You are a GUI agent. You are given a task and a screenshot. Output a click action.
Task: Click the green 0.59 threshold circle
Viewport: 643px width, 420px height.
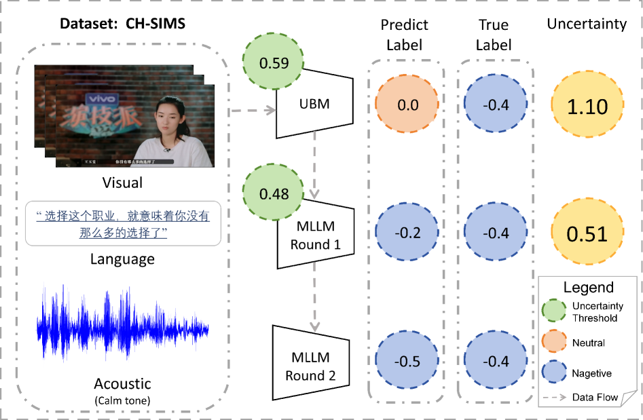point(274,64)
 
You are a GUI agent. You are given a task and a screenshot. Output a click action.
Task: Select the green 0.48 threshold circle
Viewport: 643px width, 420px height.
point(274,193)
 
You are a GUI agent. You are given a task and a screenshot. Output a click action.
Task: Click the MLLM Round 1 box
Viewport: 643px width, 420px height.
point(315,234)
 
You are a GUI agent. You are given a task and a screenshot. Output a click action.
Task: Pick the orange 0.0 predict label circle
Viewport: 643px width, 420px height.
point(408,105)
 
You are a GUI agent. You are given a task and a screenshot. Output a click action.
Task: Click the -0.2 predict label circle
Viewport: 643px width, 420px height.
point(407,233)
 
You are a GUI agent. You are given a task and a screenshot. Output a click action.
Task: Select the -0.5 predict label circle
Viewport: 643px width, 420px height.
point(407,361)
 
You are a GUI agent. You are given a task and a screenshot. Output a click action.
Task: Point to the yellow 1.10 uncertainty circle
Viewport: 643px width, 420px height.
point(587,107)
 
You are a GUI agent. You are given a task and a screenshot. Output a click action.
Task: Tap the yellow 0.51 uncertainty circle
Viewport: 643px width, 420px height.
point(587,233)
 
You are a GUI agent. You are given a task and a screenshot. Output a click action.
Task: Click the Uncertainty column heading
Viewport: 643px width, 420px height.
point(587,24)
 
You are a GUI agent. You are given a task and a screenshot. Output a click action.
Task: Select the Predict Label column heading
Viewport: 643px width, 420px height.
point(404,35)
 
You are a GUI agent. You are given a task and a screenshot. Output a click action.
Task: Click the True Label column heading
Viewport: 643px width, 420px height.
point(493,35)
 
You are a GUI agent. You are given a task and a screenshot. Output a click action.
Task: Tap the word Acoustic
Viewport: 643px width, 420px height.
point(122,384)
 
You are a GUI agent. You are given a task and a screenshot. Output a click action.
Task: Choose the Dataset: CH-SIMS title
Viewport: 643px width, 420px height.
point(123,24)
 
